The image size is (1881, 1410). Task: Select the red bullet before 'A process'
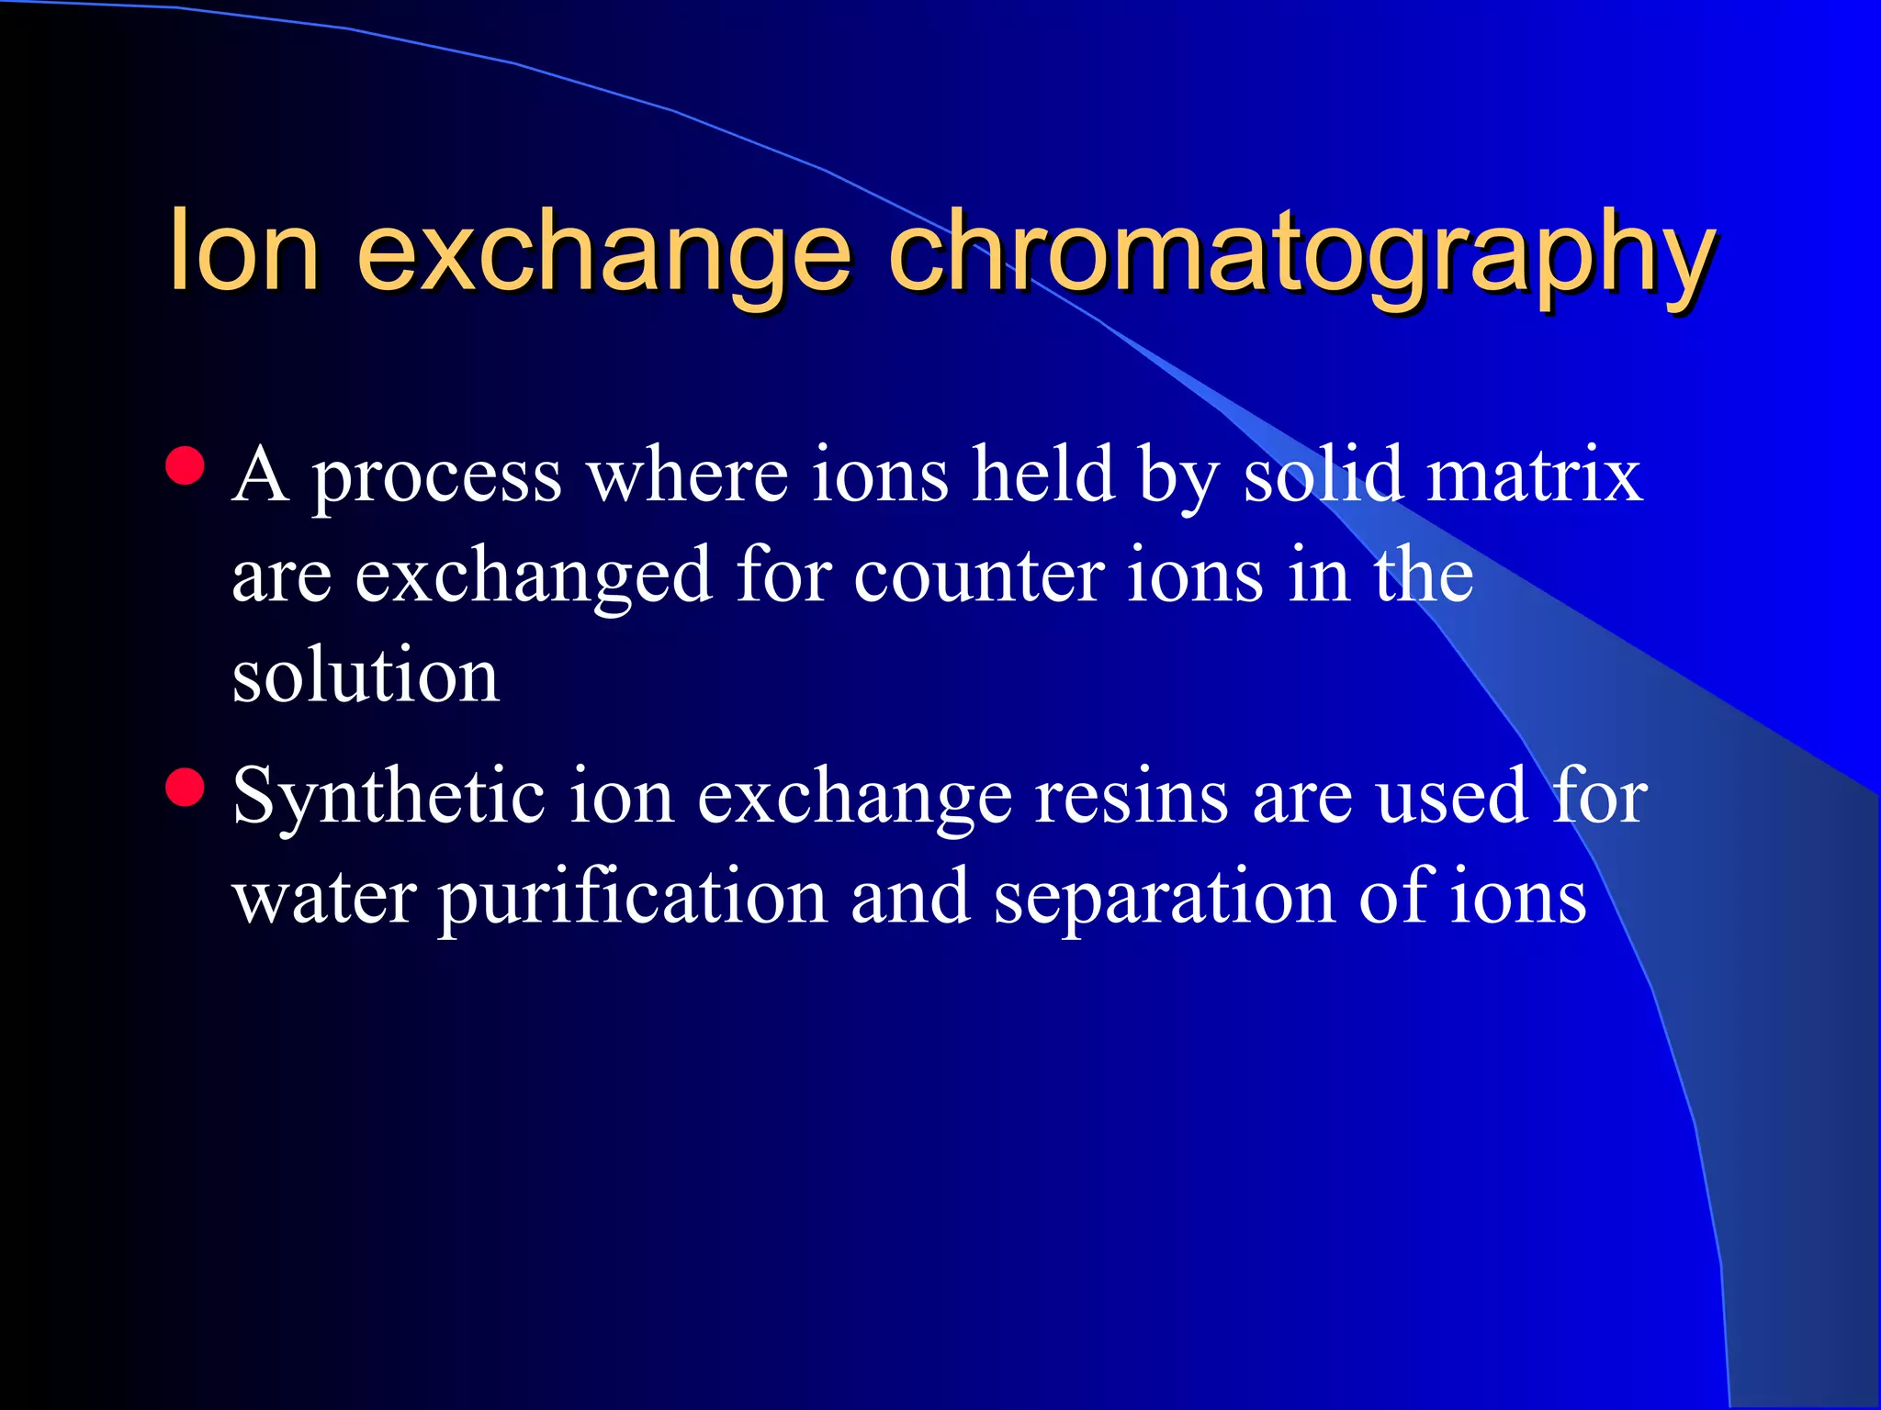186,466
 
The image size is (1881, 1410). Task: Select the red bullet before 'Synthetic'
186,788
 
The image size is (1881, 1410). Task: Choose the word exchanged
534,576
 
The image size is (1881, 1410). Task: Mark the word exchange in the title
604,252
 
